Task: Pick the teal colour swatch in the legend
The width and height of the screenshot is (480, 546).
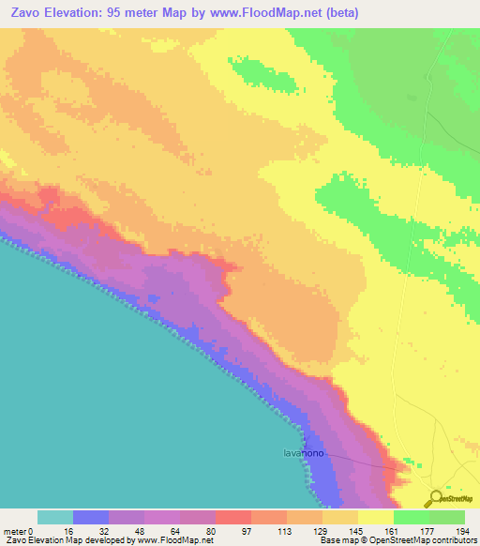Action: pyautogui.click(x=55, y=517)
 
